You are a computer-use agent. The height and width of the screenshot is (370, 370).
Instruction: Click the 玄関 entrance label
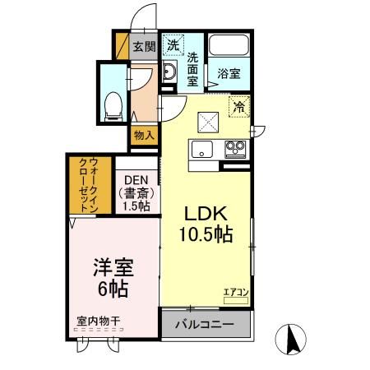pyautogui.click(x=144, y=47)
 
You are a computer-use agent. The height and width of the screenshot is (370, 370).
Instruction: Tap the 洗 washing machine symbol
pyautogui.click(x=173, y=46)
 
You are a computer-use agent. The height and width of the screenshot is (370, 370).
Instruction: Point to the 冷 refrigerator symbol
pyautogui.click(x=239, y=106)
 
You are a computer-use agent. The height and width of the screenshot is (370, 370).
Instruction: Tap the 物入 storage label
pyautogui.click(x=143, y=134)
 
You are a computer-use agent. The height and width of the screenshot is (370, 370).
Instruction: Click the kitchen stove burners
pyautogui.click(x=235, y=149)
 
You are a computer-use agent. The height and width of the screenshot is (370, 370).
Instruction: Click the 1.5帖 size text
pyautogui.click(x=136, y=206)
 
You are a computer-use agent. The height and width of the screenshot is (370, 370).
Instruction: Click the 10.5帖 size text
pyautogui.click(x=206, y=234)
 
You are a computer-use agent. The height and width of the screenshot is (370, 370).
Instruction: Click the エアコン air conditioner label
pyautogui.click(x=236, y=291)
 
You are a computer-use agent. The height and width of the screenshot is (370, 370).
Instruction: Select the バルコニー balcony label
pyautogui.click(x=203, y=325)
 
